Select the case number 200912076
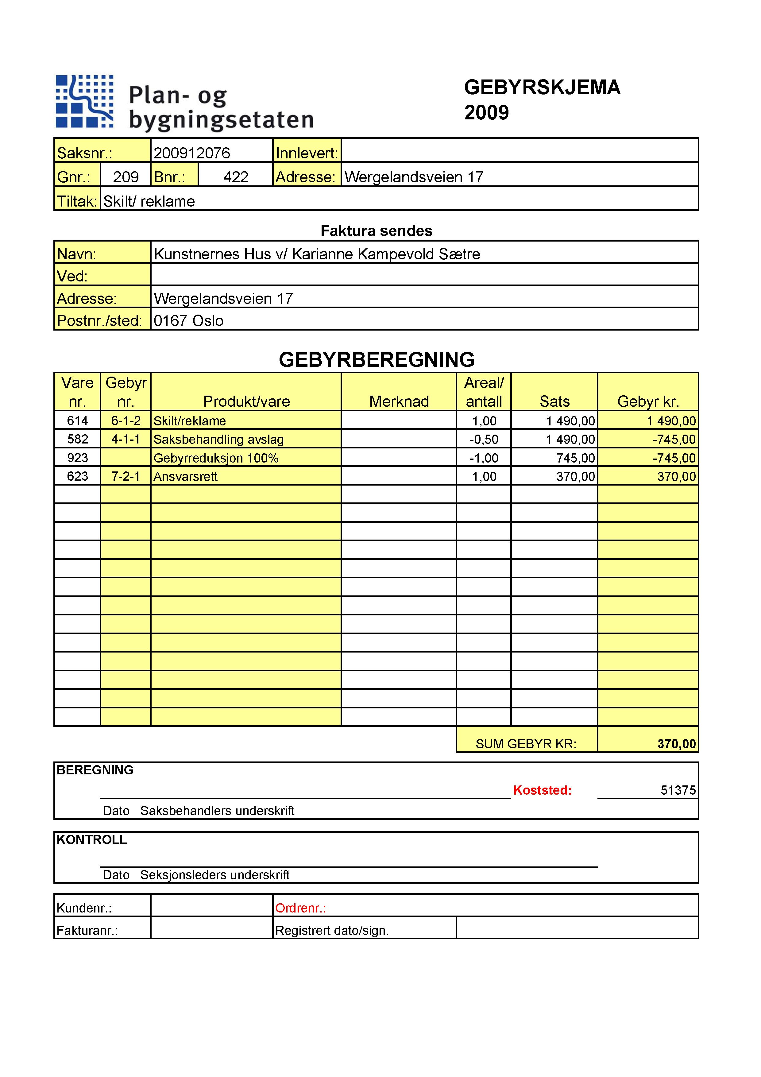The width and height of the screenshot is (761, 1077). coord(192,153)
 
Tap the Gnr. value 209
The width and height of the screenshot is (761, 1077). coord(126,177)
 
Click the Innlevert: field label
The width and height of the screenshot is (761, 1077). coord(307,153)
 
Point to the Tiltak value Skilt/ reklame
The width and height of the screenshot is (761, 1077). coord(149,201)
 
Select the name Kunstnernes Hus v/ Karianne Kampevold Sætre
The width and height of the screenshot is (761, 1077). coord(317,254)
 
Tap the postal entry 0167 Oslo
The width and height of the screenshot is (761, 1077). coord(188,321)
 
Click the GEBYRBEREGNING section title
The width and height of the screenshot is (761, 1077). coord(377,360)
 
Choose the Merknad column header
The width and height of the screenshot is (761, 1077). coord(399,401)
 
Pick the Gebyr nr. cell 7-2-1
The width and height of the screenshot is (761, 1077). coord(126,477)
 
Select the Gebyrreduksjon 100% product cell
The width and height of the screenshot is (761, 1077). coord(216,458)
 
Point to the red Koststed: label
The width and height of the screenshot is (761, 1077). coord(543,790)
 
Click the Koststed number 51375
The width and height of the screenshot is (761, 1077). coord(678,790)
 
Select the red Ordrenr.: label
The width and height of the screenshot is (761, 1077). coord(300,908)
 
